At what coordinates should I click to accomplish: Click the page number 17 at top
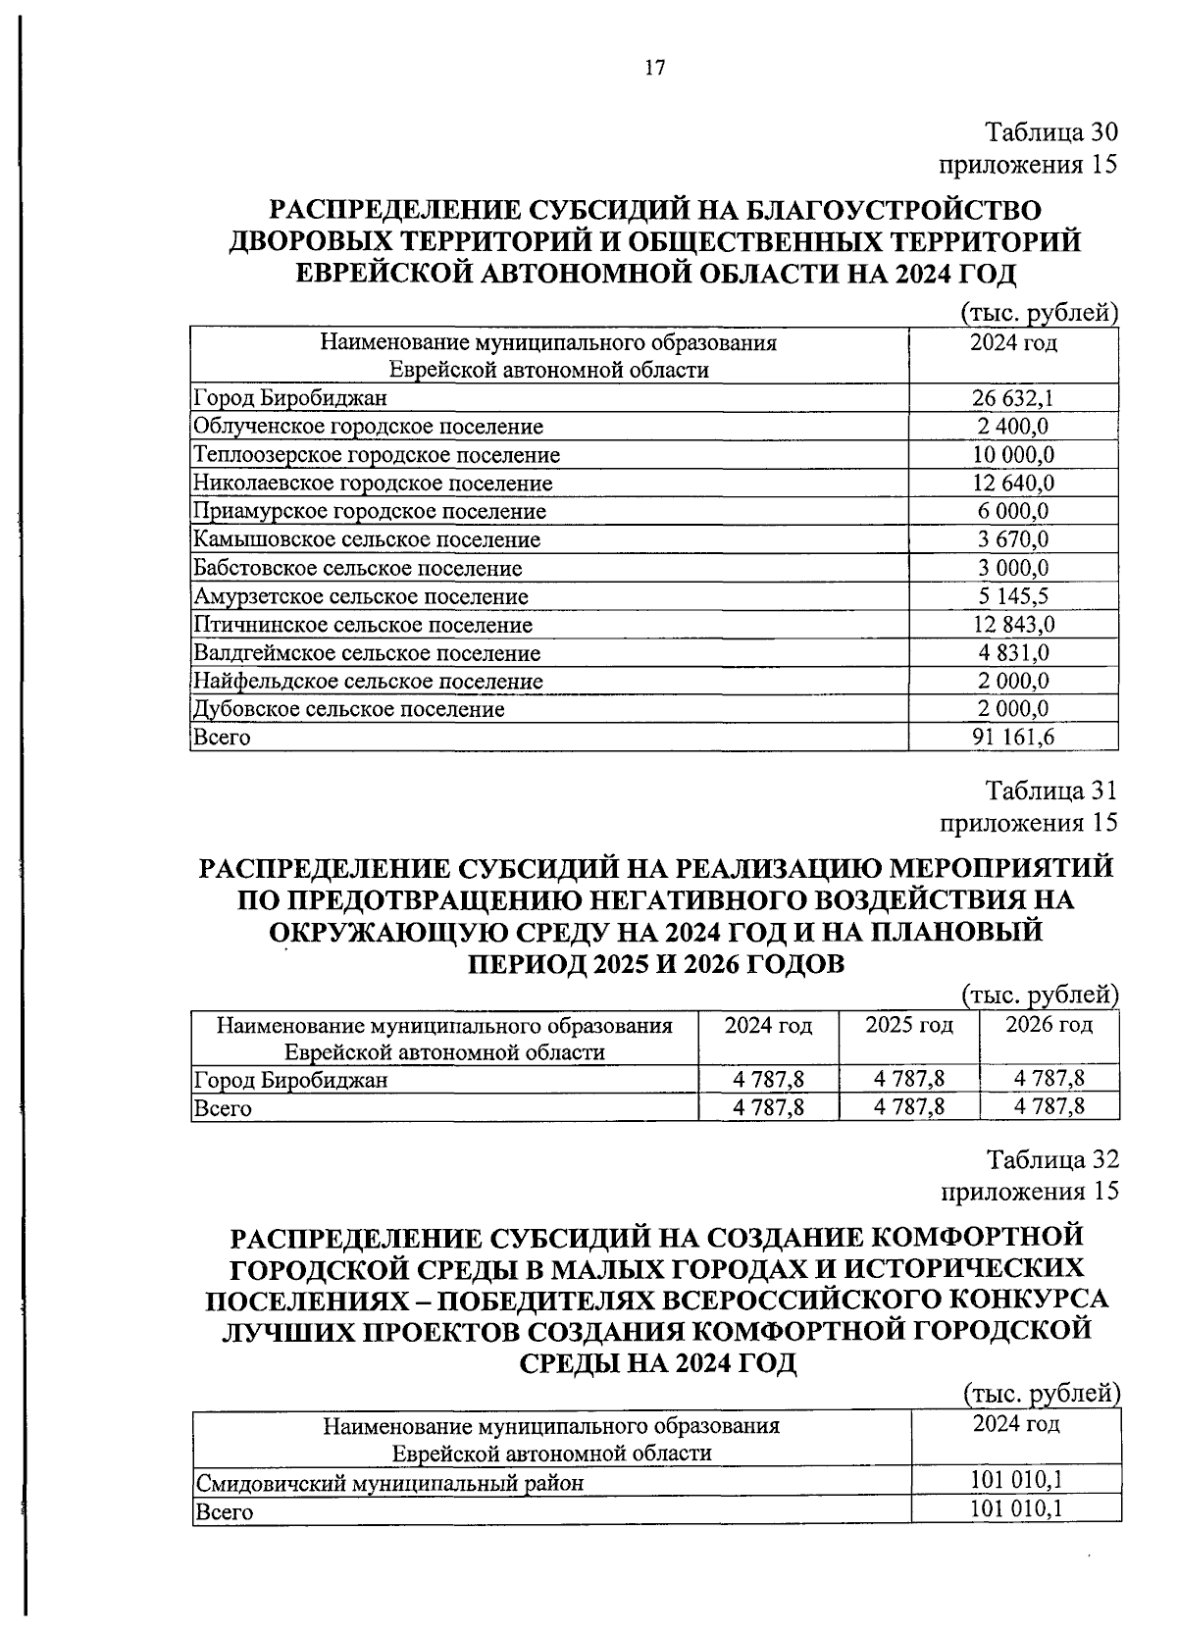pos(654,68)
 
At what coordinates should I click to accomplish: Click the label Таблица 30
pos(1050,132)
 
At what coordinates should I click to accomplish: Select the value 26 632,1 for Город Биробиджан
pos(1013,397)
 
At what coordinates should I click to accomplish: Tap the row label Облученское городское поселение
pos(368,426)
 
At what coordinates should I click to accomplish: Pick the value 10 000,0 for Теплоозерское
pos(1013,454)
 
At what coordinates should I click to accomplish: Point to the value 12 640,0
pos(1013,483)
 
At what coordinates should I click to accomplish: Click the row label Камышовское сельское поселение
pos(366,539)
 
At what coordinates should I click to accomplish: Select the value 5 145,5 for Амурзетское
pos(1013,596)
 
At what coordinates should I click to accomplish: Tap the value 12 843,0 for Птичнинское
pos(1013,625)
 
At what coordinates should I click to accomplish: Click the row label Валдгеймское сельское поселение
pos(366,653)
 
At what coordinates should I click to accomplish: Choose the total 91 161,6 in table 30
pos(1013,738)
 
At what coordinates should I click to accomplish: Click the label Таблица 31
pos(1050,791)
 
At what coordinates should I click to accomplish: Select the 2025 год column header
pos(909,1025)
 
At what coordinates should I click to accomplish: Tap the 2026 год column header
pos(1049,1025)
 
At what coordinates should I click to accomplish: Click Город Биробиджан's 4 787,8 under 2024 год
pos(769,1080)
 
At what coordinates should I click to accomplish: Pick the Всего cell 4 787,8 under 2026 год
pos(1049,1107)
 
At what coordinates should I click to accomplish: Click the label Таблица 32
pos(1051,1159)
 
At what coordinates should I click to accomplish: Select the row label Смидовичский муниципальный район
pos(389,1483)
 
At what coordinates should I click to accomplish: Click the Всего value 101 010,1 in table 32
pos(1016,1509)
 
